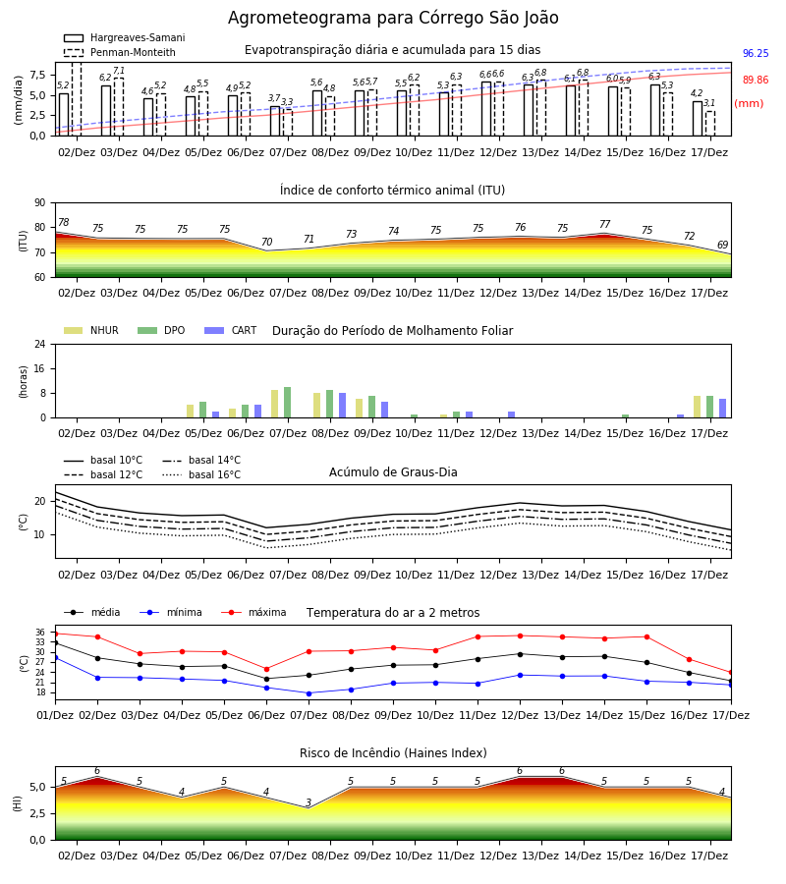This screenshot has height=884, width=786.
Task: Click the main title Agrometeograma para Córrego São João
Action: [393, 18]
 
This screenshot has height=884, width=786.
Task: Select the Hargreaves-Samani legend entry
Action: [125, 37]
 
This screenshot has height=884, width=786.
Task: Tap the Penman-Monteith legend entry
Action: [120, 52]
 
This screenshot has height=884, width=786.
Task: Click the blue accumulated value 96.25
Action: [756, 54]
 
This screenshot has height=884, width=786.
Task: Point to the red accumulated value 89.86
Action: [756, 81]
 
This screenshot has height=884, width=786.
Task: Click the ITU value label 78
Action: [64, 222]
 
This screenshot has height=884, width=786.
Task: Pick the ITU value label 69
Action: [722, 245]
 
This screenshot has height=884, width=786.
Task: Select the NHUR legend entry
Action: [91, 330]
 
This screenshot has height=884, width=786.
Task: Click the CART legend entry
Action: [231, 330]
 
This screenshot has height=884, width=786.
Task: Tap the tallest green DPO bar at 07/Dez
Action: [288, 403]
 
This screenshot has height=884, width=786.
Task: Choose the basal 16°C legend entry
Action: [201, 474]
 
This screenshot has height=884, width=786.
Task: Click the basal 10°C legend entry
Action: [103, 460]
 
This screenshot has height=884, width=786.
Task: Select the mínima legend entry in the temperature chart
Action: [171, 612]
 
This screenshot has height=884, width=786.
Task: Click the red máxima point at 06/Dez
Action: [266, 669]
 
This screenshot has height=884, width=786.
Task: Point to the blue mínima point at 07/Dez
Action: [309, 693]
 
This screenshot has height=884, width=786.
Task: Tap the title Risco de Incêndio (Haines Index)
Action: [393, 753]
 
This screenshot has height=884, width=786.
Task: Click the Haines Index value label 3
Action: [309, 802]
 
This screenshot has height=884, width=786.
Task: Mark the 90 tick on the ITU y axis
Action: [40, 203]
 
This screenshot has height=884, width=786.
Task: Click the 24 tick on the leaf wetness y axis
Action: [40, 344]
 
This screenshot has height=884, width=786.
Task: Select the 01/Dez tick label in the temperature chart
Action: [55, 715]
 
